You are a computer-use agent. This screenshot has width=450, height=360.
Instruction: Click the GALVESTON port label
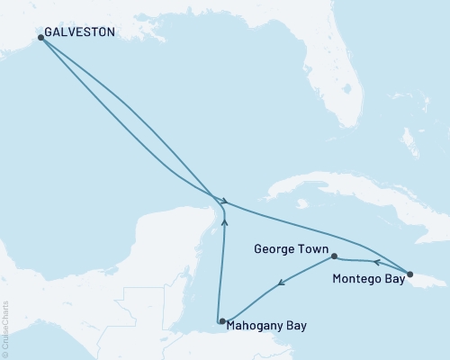point(79,32)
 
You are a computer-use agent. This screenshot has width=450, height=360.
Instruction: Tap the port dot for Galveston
point(40,38)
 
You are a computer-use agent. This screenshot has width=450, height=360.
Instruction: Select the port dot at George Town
point(334,256)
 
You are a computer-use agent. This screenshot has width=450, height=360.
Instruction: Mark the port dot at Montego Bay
point(409,274)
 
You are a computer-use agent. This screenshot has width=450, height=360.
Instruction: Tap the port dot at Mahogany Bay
point(220,321)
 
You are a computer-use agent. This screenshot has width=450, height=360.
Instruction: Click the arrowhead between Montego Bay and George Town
point(376,264)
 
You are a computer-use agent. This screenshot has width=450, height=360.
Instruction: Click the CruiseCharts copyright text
point(6,328)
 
